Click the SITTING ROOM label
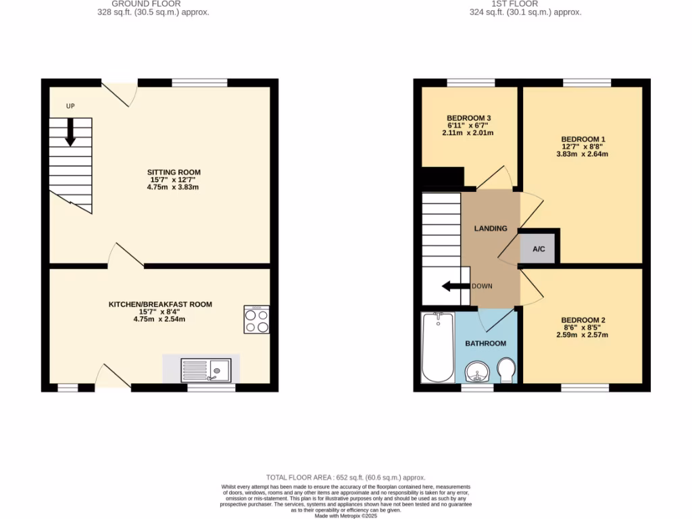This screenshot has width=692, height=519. (174, 172)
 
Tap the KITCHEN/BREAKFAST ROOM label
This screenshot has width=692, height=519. (160, 305)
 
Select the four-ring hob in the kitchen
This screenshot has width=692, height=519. (257, 320)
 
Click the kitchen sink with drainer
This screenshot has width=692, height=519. (205, 370)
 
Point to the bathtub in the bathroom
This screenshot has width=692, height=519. (438, 347)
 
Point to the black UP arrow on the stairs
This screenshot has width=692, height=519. (70, 132)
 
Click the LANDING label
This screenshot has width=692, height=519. (490, 228)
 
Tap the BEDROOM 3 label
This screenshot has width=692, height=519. (468, 118)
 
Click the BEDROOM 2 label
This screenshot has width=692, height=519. (583, 320)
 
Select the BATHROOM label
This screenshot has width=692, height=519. (485, 343)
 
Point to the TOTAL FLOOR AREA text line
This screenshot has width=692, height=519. (345, 478)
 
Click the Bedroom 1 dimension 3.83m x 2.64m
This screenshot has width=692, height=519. (582, 154)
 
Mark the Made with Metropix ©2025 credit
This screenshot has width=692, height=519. (345, 515)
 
